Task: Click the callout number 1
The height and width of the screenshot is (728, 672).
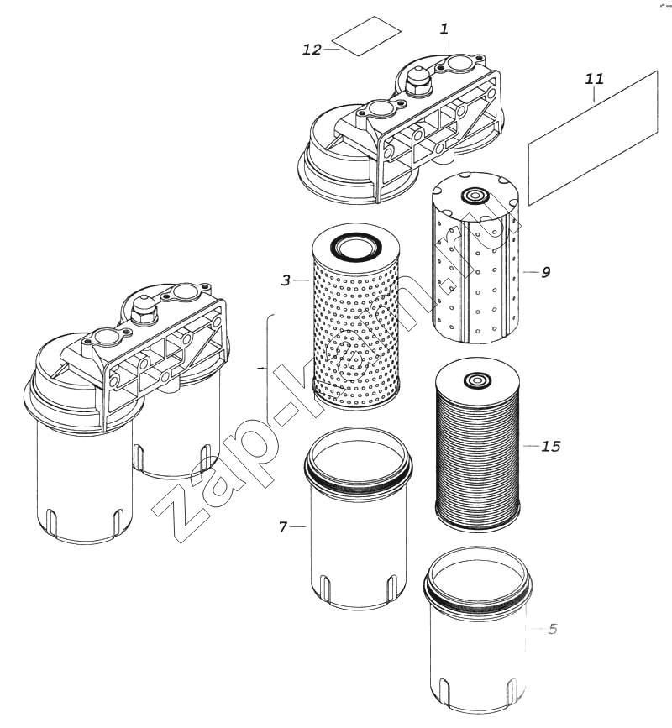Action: coord(444,29)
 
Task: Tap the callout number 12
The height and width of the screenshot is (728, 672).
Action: coord(312,50)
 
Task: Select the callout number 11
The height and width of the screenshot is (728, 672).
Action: coord(594,79)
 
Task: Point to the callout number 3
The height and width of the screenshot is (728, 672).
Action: coord(286,280)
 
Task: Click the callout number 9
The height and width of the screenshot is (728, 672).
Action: coord(546,272)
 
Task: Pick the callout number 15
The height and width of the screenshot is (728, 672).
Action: coord(551,446)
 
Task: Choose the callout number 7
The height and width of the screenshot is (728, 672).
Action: coord(283,527)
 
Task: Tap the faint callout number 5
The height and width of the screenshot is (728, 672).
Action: coord(552,629)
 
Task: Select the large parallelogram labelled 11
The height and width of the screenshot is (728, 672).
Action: coord(594,138)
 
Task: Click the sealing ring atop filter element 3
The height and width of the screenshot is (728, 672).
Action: coord(355,247)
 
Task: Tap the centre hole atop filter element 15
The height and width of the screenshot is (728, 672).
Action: coord(476,380)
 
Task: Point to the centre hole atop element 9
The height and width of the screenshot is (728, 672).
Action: coord(474,196)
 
